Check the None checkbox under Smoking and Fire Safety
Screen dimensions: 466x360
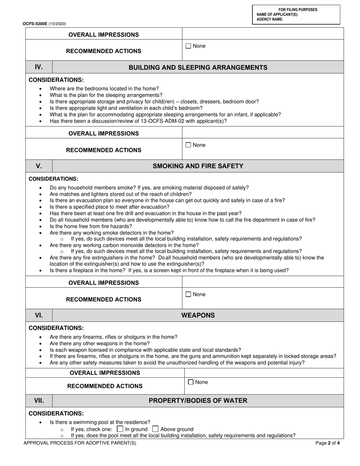pos(188,294)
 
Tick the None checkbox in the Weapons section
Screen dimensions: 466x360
pos(191,382)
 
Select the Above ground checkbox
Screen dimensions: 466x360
pos(155,429)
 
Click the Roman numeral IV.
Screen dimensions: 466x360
pos(39,67)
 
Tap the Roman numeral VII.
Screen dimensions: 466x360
pos(39,400)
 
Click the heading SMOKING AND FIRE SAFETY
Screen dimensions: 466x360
pos(198,166)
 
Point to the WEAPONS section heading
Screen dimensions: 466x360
pos(198,315)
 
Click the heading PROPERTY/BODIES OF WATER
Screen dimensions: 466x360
pos(198,400)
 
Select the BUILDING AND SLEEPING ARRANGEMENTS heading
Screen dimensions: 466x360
pos(198,67)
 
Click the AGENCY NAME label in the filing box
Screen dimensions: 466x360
pos(270,19)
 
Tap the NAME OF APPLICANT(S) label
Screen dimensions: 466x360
pos(277,15)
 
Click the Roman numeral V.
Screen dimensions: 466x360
pos(39,166)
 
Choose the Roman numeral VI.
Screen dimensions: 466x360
pos(39,315)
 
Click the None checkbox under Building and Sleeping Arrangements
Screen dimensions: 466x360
pos(188,145)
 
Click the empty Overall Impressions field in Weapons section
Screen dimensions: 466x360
pos(264,373)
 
